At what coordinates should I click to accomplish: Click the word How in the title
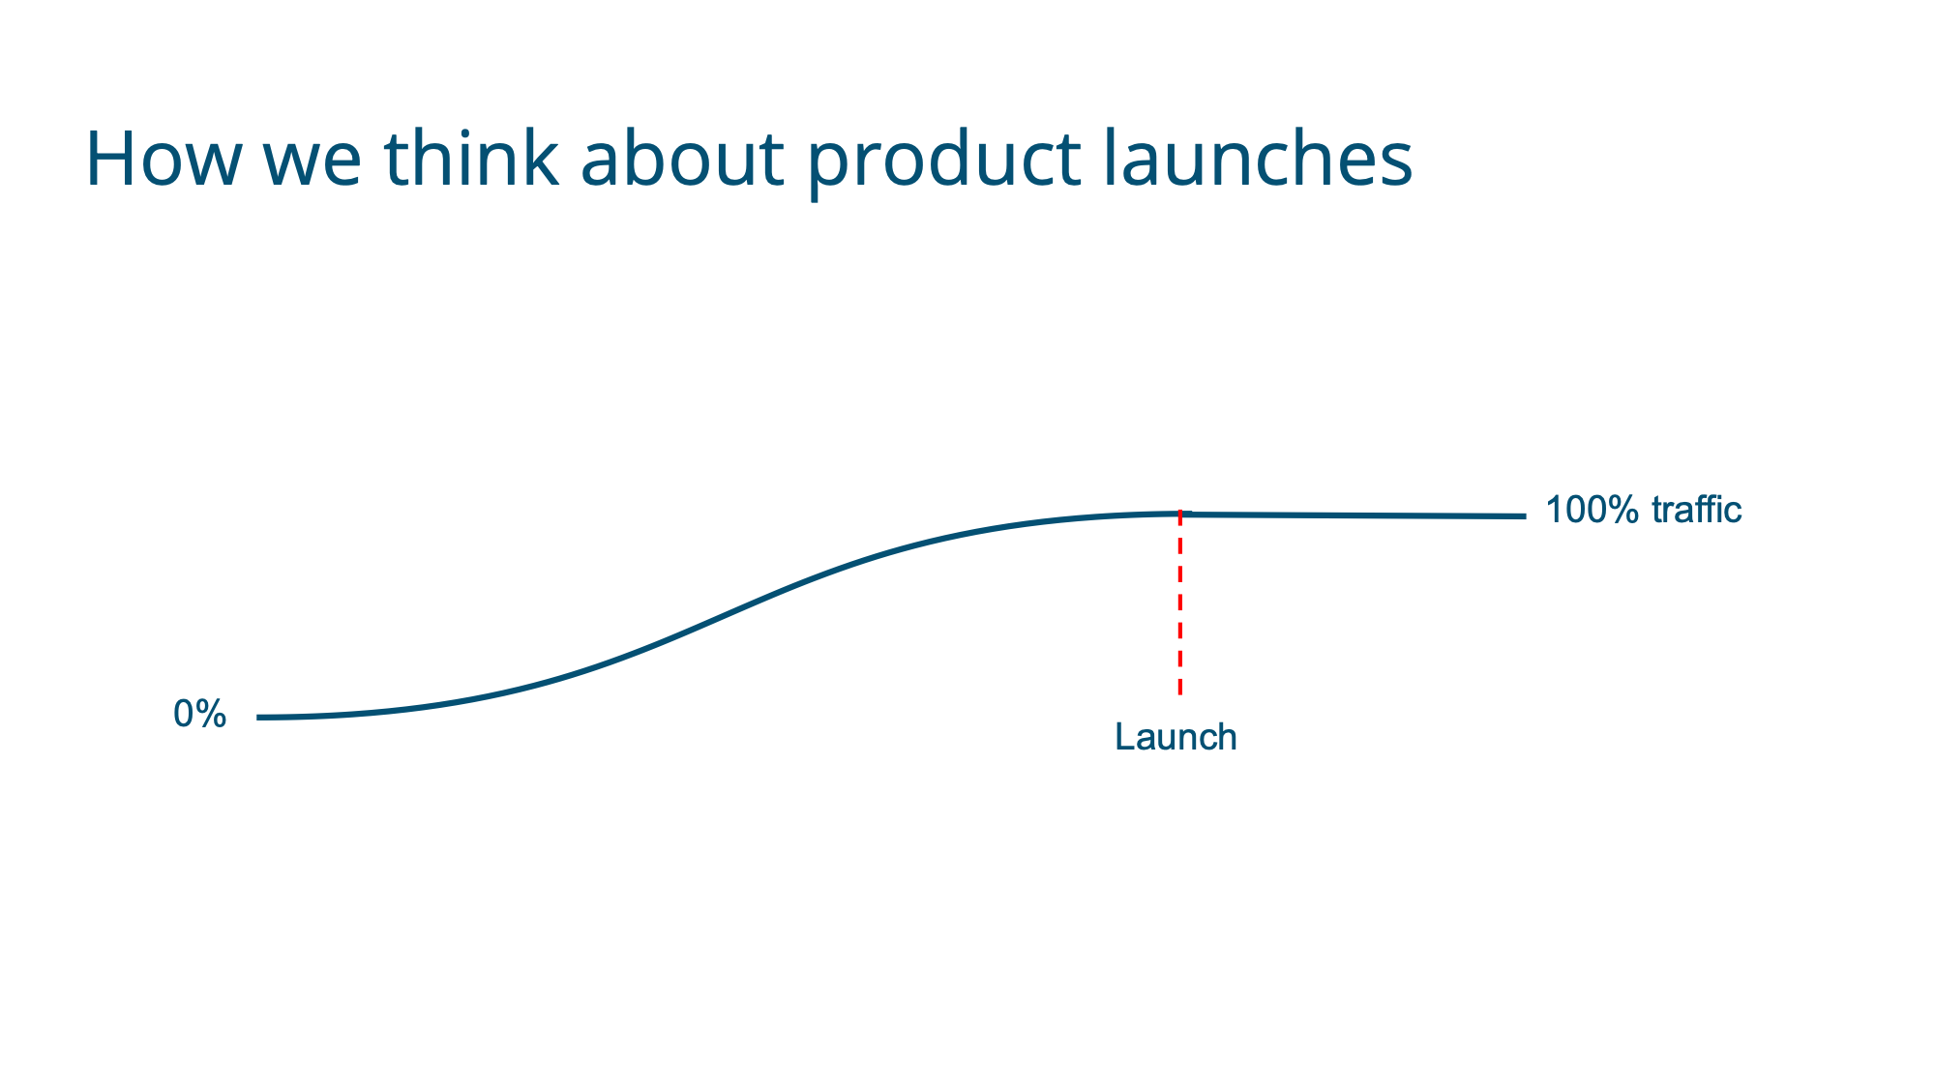click(162, 159)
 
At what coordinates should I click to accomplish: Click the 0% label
click(199, 715)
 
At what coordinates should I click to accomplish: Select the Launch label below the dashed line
click(1176, 737)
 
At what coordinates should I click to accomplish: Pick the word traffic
click(1696, 510)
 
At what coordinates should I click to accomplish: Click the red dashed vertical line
click(1180, 603)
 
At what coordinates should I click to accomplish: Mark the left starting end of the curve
click(258, 718)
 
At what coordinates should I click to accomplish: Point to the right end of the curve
click(1525, 516)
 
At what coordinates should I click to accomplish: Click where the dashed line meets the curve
click(1180, 514)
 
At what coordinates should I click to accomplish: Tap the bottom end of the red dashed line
click(1180, 693)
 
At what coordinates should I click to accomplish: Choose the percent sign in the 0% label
click(212, 715)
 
